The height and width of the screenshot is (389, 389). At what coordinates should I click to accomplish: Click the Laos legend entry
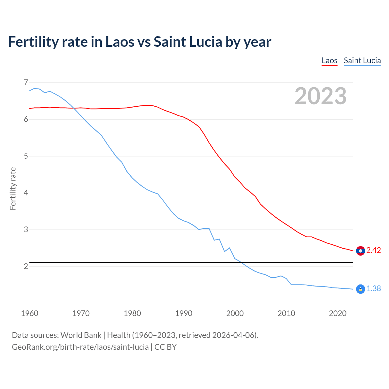(x=329, y=60)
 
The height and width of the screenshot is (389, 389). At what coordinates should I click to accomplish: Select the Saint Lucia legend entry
(x=362, y=60)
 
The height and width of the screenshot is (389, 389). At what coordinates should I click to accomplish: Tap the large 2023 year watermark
(x=320, y=96)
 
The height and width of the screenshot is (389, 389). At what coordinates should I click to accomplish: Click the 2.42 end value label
(x=374, y=250)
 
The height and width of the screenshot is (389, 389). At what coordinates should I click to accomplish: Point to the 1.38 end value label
(x=374, y=289)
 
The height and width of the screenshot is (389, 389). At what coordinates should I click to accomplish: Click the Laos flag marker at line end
(x=360, y=251)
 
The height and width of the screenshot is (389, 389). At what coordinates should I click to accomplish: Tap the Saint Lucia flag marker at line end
(x=360, y=289)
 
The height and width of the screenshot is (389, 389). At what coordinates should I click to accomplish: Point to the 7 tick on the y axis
(x=26, y=83)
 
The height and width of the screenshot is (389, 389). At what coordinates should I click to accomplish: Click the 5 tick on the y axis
(x=26, y=156)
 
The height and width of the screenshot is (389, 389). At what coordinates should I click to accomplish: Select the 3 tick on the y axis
(x=26, y=230)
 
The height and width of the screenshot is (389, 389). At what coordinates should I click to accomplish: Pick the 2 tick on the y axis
(x=26, y=267)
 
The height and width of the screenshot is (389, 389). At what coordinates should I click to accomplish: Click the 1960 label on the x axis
(x=29, y=313)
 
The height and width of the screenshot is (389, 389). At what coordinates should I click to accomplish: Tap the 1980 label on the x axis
(x=132, y=313)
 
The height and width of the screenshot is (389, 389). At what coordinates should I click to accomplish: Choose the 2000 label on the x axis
(x=235, y=313)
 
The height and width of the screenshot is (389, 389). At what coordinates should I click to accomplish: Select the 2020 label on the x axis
(x=338, y=313)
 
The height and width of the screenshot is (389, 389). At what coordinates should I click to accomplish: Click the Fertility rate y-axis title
(x=13, y=188)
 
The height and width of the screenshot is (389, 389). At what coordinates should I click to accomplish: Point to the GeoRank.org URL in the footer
(x=80, y=347)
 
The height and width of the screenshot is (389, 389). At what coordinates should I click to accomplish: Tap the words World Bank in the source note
(x=81, y=335)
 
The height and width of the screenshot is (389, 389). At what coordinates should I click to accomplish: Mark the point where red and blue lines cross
(x=74, y=108)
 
